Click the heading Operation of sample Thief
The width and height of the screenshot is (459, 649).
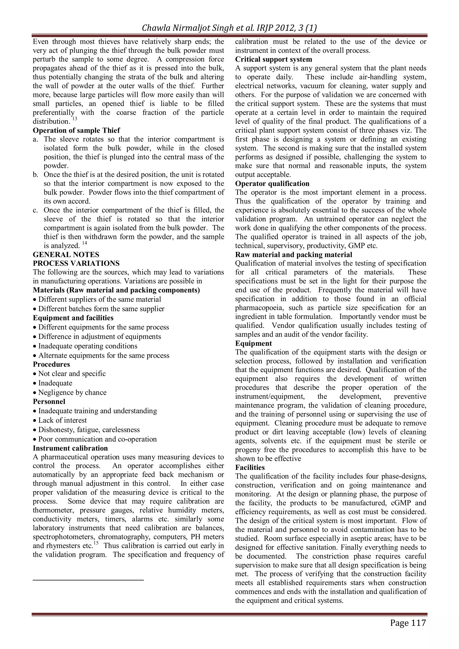pos(76,130)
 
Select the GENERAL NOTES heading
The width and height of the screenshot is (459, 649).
pos(66,255)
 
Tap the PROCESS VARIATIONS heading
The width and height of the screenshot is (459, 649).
pos(76,263)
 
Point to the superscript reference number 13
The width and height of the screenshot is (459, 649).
pos(74,119)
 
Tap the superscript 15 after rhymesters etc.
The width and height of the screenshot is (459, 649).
pos(96,543)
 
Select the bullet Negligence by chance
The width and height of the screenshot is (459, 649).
pos(72,393)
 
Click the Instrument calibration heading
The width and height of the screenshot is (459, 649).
pos(70,448)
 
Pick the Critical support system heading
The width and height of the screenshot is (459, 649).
pos(274,59)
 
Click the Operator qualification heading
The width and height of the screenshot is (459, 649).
pos(272,184)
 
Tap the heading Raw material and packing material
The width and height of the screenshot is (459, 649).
pos(294,255)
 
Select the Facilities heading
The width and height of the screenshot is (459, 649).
pos(250,468)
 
